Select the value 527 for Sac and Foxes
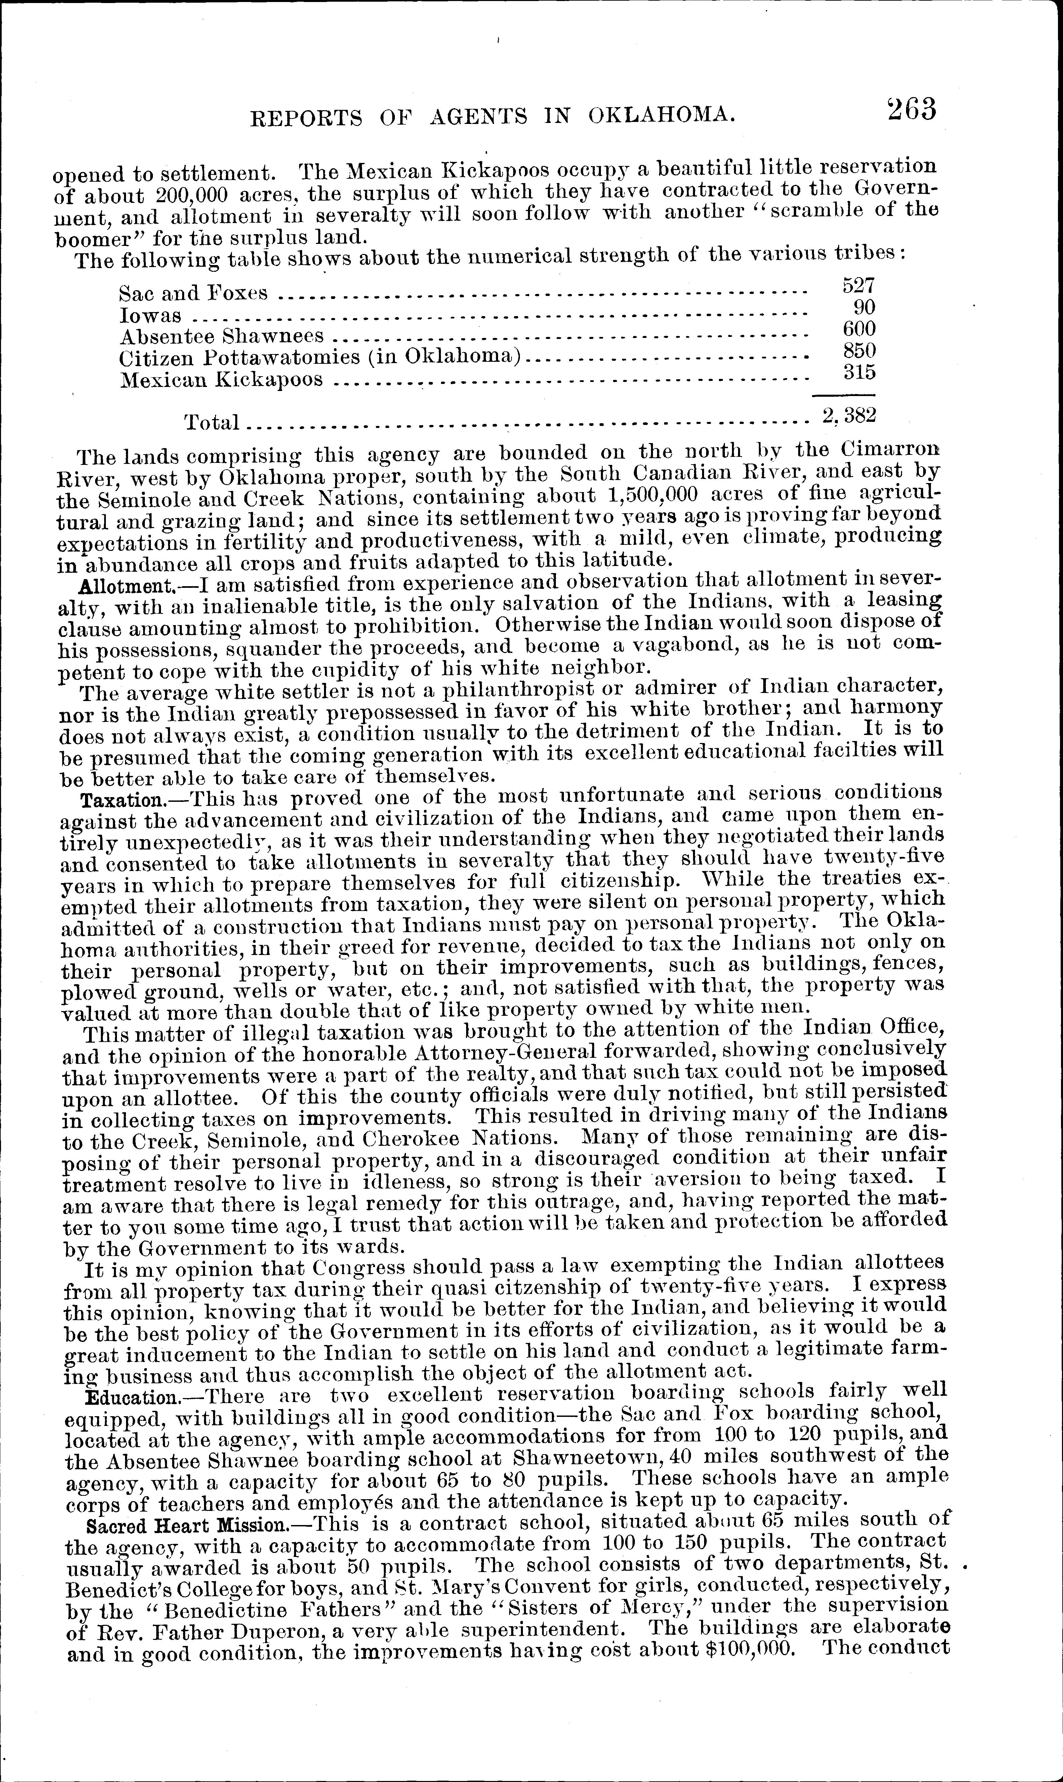858,286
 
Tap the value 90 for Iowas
865,307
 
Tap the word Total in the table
212,423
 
